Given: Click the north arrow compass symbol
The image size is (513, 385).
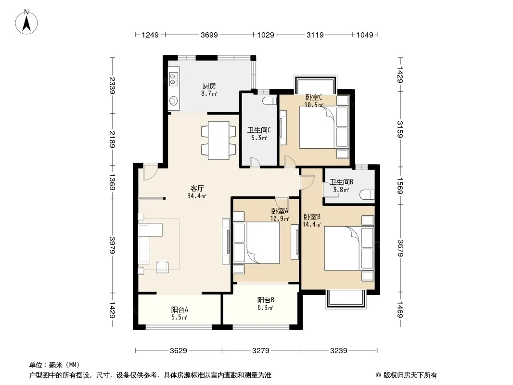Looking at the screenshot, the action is (x=26, y=22).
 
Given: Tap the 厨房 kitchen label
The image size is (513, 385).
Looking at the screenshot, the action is (x=209, y=86).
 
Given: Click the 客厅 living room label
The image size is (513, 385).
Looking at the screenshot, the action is (x=197, y=189).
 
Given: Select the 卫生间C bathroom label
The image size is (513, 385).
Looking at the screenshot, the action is (x=259, y=130).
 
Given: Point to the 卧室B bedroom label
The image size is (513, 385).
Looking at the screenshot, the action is (x=312, y=217).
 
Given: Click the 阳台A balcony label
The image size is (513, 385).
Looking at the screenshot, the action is (x=180, y=309).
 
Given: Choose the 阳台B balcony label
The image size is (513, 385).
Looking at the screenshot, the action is (x=265, y=300).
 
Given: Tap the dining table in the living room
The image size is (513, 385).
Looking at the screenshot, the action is (x=218, y=141).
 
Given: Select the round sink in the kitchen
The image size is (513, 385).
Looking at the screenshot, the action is (x=173, y=101).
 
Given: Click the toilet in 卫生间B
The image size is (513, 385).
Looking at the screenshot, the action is (x=367, y=195).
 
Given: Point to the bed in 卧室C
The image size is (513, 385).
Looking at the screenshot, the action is (x=324, y=127).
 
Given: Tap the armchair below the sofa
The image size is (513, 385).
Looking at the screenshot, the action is (x=163, y=267).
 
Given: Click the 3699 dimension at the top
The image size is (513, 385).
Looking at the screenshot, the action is (x=209, y=35).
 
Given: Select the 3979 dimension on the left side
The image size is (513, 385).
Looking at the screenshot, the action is (x=112, y=245).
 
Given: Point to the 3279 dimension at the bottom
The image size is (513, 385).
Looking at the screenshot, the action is (x=261, y=351).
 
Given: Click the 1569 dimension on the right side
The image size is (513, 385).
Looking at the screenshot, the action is (x=400, y=186).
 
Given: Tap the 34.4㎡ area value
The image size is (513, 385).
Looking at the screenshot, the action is (x=197, y=196).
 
